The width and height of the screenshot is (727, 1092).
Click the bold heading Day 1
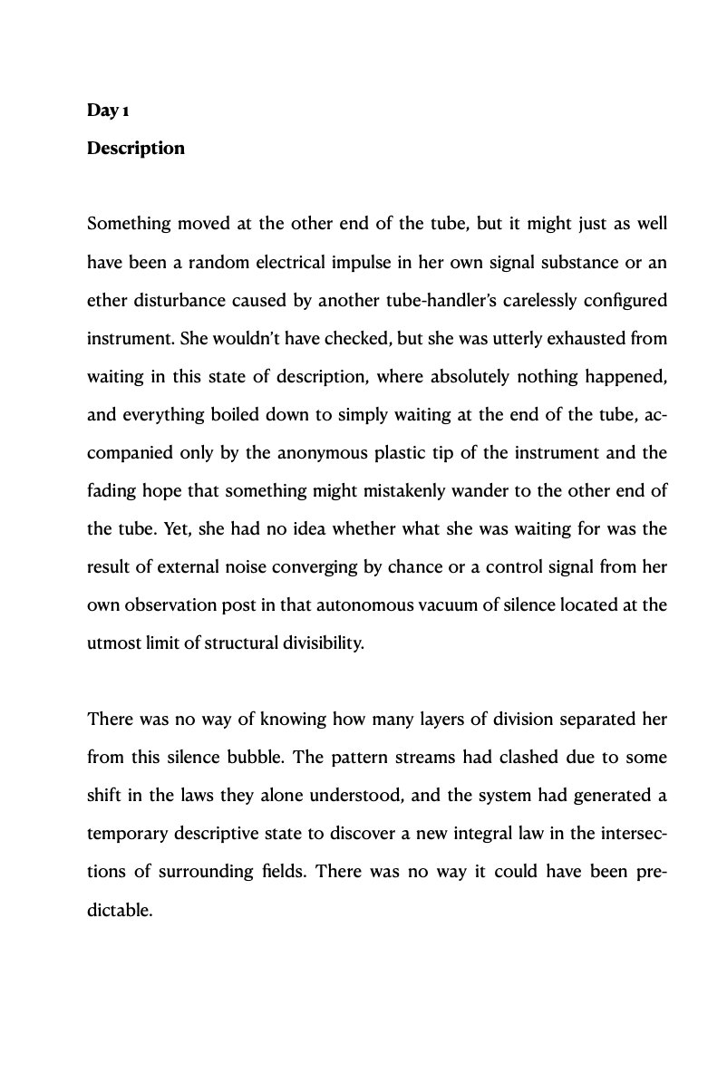coord(109,111)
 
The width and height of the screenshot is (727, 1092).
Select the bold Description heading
coord(136,148)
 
